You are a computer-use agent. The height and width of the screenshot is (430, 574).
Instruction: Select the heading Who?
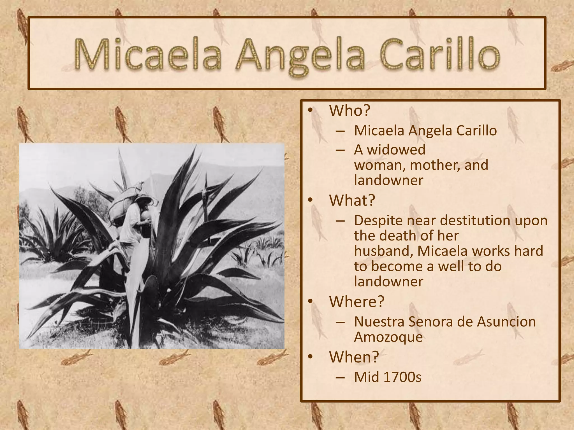[x=350, y=111]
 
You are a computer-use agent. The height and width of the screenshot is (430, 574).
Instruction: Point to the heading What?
[x=352, y=200]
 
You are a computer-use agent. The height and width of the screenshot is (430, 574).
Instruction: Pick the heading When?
[x=354, y=357]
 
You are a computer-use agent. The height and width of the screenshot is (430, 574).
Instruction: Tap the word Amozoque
[x=388, y=337]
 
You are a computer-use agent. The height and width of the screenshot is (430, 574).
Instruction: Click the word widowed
[x=396, y=149]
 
